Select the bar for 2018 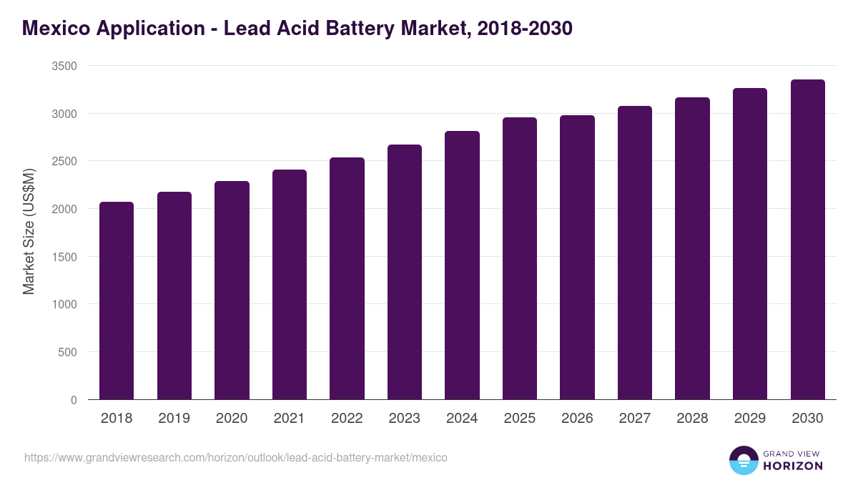point(117,301)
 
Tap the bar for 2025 point(520,258)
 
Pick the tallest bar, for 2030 point(807,240)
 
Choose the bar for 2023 point(405,272)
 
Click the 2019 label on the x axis point(174,419)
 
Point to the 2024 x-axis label point(462,419)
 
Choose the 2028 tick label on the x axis point(692,419)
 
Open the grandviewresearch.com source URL point(235,457)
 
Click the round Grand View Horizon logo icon point(743,460)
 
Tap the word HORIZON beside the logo point(793,466)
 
